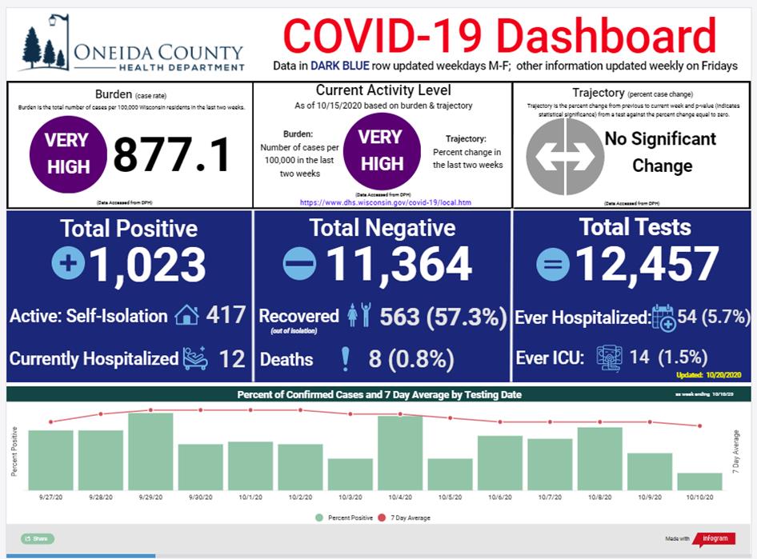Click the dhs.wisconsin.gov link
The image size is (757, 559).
(385, 202)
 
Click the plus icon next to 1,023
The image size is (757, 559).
(68, 265)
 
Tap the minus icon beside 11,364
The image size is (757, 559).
(300, 265)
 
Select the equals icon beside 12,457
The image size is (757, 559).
(553, 265)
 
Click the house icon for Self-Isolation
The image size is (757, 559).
(186, 315)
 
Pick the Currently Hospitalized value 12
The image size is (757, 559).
(232, 358)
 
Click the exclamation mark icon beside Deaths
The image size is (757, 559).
(346, 359)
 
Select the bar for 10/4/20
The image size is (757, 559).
(400, 453)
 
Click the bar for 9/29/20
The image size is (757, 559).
(150, 451)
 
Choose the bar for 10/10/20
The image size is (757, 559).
(699, 481)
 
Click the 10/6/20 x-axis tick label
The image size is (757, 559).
(499, 497)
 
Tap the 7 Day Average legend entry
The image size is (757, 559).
(407, 518)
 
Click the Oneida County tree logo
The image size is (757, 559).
(44, 44)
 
